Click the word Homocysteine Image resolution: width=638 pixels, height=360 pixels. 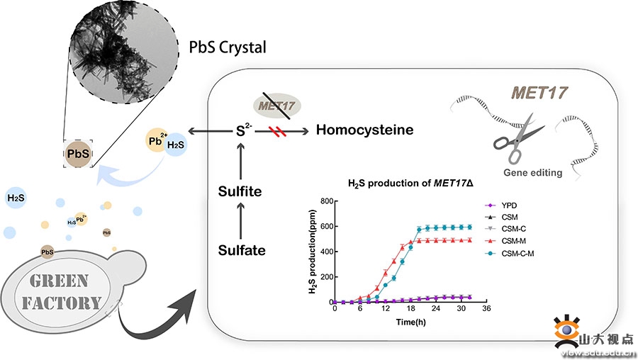coord(364,130)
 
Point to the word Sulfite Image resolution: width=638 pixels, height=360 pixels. coord(242,191)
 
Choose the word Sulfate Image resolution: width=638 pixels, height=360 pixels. coord(242,249)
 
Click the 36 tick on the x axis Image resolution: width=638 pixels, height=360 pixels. coord(486,310)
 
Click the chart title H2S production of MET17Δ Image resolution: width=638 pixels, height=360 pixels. coord(405,182)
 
